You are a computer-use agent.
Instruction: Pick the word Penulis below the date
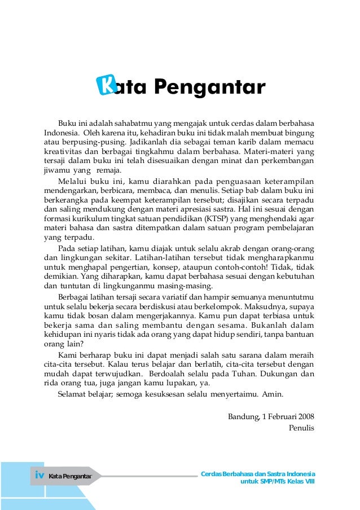click(x=301, y=428)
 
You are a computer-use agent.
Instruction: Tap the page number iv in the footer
click(x=39, y=476)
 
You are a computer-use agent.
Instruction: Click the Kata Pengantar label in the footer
click(x=71, y=476)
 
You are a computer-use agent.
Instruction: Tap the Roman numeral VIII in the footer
click(x=309, y=482)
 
